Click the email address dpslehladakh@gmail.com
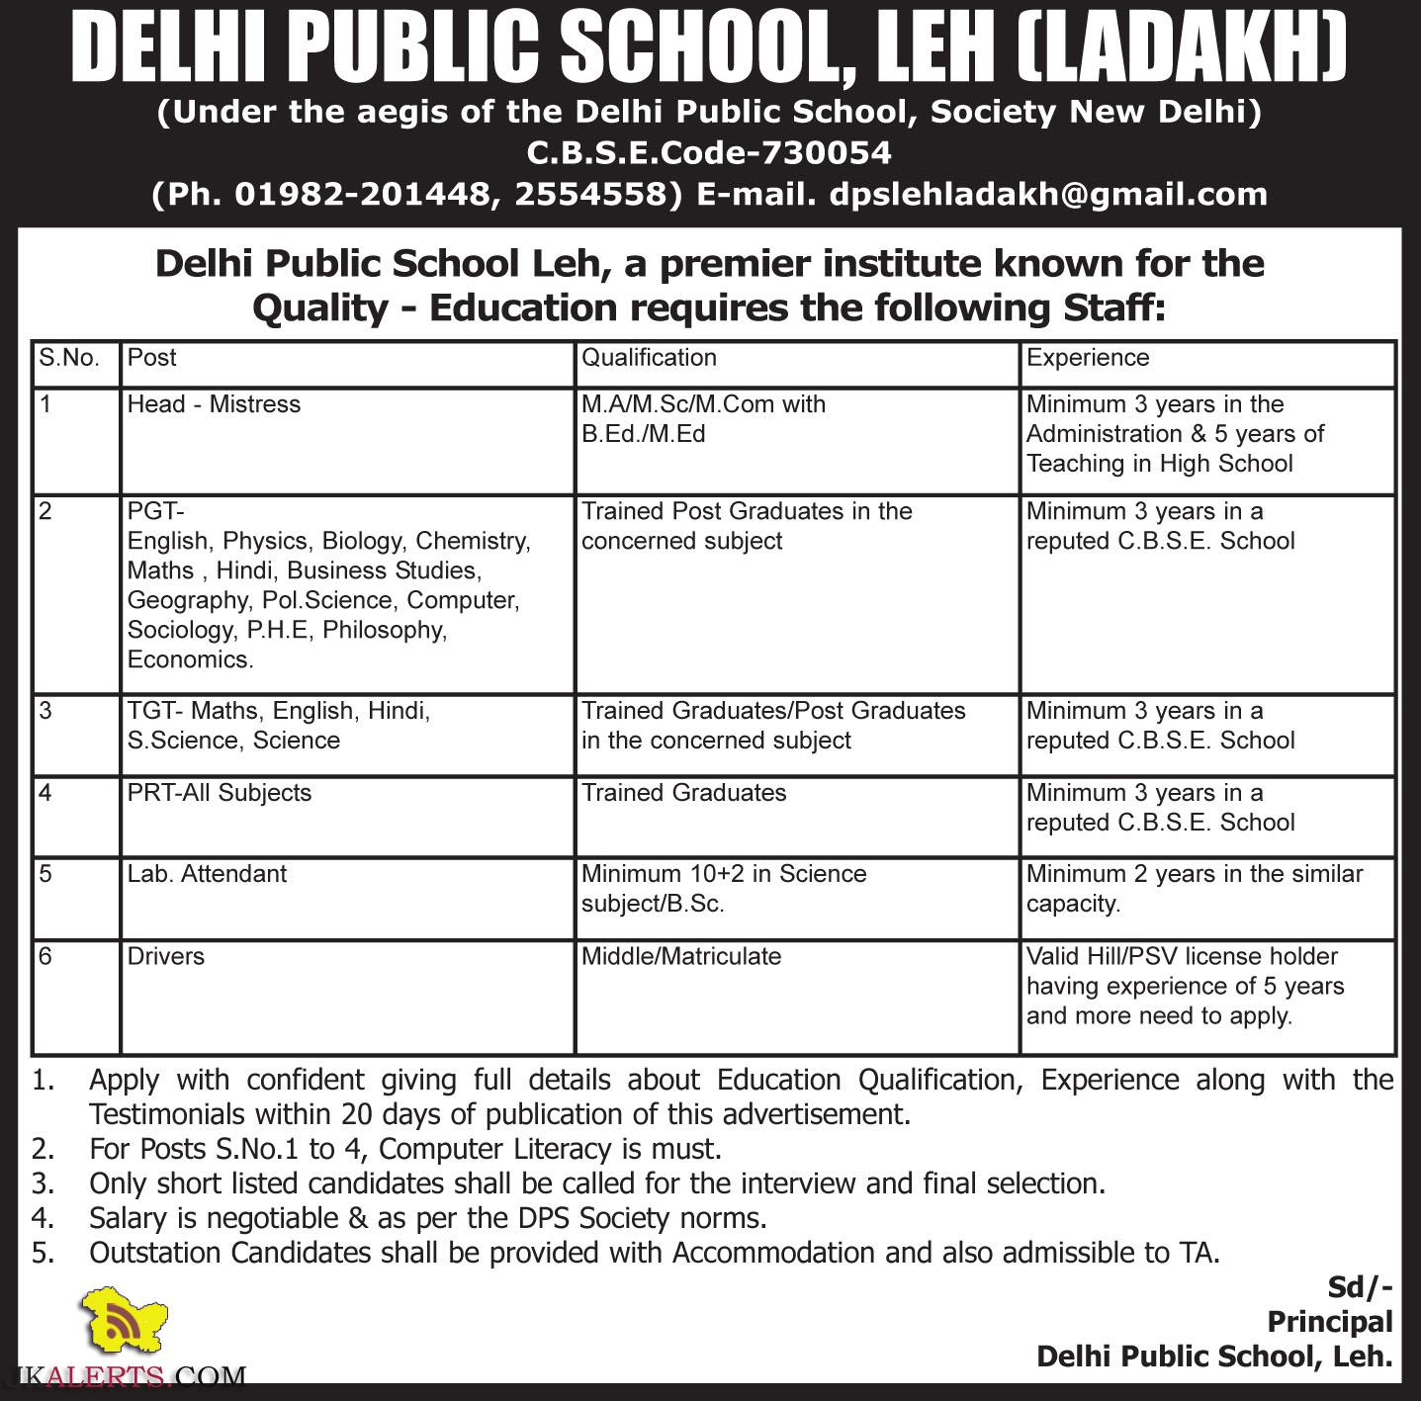coord(1048,194)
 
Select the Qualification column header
coord(649,358)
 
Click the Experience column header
coord(1088,358)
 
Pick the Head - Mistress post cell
coord(214,404)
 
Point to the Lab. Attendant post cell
coord(207,874)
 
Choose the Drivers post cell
coord(166,956)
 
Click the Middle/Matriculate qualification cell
coord(681,956)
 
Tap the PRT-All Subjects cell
coord(220,793)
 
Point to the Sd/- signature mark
coord(1360,1286)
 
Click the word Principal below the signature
coord(1329,1322)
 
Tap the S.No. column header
coord(69,358)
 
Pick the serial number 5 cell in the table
coord(45,874)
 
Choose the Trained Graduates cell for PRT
coord(684,793)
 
